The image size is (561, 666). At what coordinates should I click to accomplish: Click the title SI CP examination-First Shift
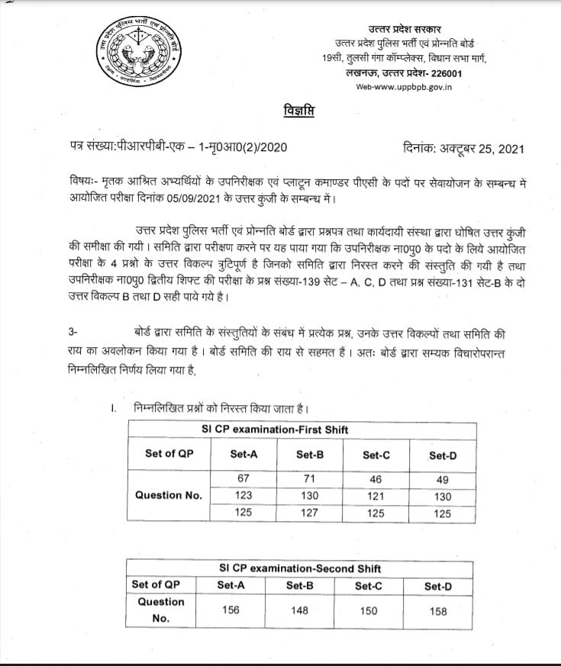click(275, 430)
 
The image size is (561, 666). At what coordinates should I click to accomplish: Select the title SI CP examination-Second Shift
click(300, 568)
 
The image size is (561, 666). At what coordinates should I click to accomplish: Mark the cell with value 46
click(376, 478)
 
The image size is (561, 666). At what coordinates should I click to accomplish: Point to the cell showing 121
click(376, 494)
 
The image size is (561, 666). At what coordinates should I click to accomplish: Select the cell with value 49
click(442, 478)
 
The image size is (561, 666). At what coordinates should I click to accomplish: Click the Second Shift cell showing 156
click(231, 610)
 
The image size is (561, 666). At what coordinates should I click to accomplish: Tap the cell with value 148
click(300, 610)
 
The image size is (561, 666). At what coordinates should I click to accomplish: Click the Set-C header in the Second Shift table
click(369, 585)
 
